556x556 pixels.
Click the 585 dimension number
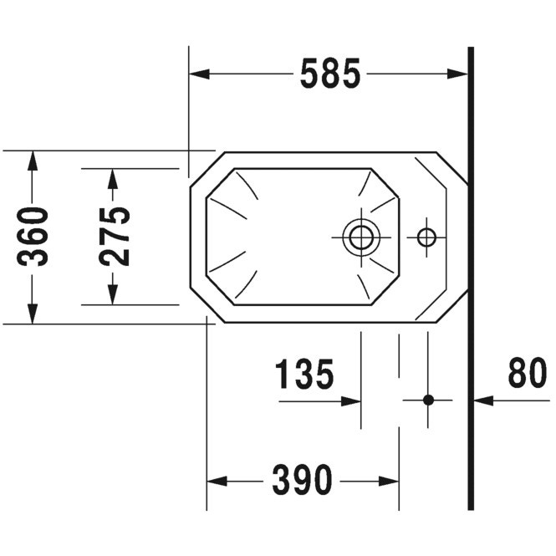pyautogui.click(x=330, y=74)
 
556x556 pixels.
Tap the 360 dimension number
pyautogui.click(x=33, y=237)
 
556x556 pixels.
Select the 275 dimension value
pyautogui.click(x=115, y=237)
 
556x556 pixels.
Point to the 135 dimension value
pyautogui.click(x=304, y=374)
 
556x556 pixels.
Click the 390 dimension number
pyautogui.click(x=302, y=480)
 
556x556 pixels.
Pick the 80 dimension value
pyautogui.click(x=528, y=372)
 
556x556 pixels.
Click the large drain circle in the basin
pyautogui.click(x=361, y=237)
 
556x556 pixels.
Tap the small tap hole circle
pyautogui.click(x=426, y=237)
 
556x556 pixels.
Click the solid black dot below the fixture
pyautogui.click(x=428, y=400)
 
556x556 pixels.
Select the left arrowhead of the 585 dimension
pyautogui.click(x=199, y=74)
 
